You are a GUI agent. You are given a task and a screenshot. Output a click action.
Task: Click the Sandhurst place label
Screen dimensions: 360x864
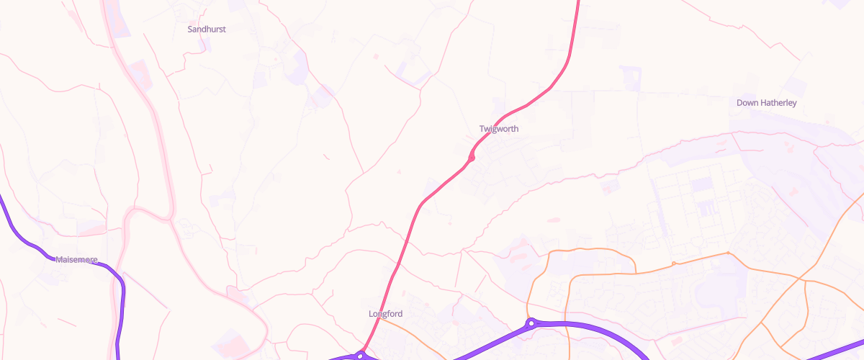tap(207, 30)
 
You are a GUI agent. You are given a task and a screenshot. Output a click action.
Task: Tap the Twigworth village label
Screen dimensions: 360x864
tap(499, 129)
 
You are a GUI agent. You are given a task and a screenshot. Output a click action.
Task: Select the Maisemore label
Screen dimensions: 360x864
tap(76, 259)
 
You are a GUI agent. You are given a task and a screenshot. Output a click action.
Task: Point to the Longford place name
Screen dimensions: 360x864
tap(385, 314)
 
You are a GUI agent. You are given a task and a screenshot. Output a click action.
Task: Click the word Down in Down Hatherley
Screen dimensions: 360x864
tap(747, 103)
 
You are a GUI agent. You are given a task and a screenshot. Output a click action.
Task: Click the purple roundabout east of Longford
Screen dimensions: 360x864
tap(531, 324)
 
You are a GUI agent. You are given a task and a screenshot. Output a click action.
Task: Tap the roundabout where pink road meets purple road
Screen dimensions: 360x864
tap(361, 355)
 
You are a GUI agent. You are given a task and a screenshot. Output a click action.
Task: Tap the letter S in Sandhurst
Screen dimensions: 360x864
tap(190, 30)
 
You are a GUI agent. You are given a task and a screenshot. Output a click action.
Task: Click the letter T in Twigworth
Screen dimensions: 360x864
tap(482, 129)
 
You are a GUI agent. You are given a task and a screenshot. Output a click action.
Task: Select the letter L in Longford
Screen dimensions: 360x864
tap(371, 314)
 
